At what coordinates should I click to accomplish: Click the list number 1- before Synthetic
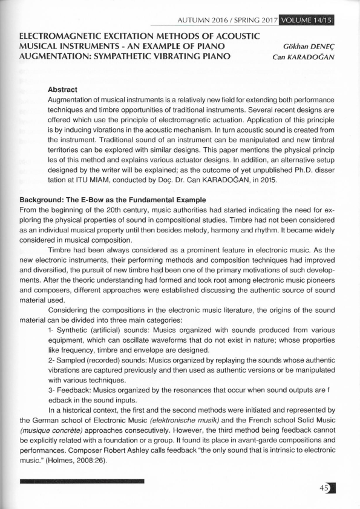[x=51, y=332]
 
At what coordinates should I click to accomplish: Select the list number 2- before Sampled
[x=51, y=361]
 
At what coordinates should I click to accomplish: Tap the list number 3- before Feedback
[x=51, y=390]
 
